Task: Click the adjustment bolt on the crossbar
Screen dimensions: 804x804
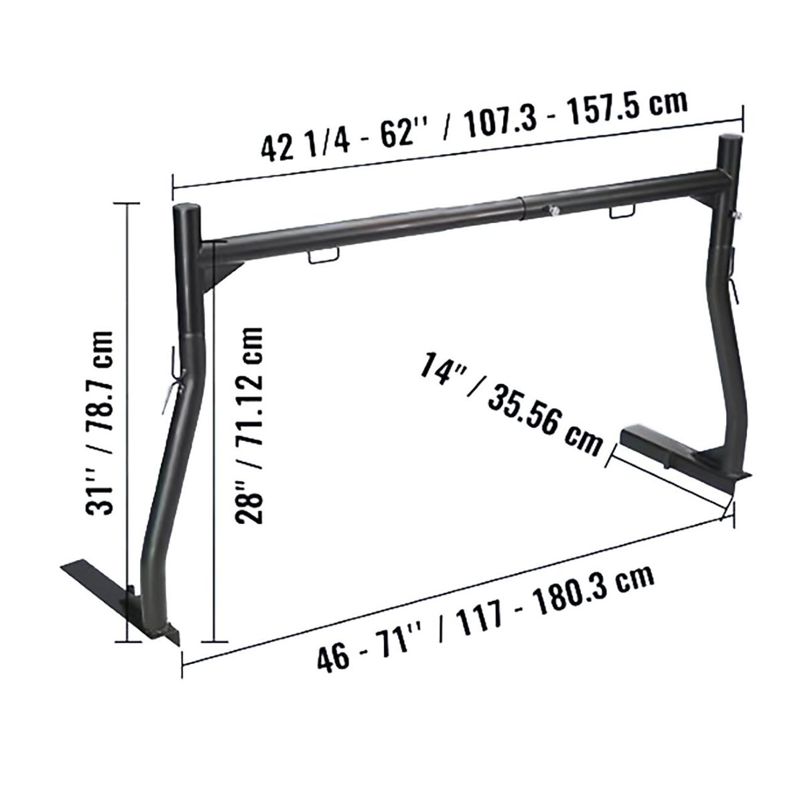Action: pos(552,210)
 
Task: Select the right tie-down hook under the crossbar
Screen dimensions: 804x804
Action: pos(622,213)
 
